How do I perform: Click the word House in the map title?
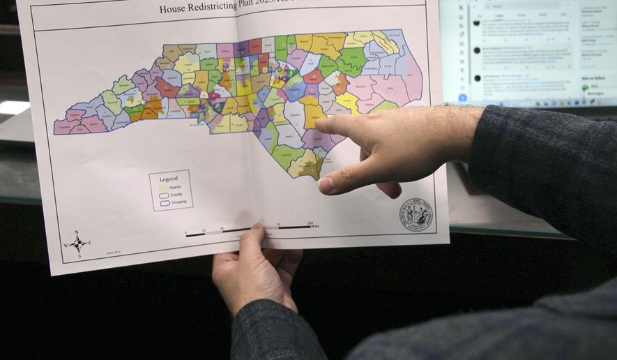pyautogui.click(x=172, y=9)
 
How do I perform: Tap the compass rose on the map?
pyautogui.click(x=77, y=243)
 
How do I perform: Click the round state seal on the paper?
pyautogui.click(x=416, y=215)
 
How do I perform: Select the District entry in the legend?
pyautogui.click(x=169, y=188)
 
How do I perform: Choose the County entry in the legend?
pyautogui.click(x=169, y=195)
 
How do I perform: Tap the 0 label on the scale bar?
pyautogui.click(x=186, y=232)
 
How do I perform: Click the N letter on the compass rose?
pyautogui.click(x=75, y=233)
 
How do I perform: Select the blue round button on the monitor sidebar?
pyautogui.click(x=462, y=98)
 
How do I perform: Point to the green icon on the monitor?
pyautogui.click(x=586, y=88)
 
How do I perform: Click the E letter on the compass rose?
pyautogui.click(x=89, y=242)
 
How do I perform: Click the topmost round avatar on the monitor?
pyautogui.click(x=477, y=22)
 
